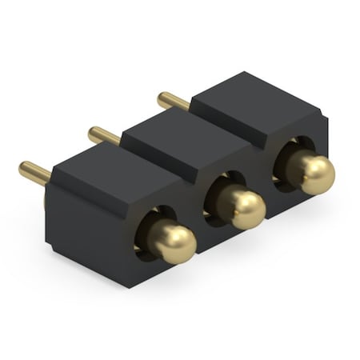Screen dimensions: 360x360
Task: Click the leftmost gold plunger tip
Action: click(174, 242)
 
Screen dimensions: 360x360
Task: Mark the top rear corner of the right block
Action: click(245, 74)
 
